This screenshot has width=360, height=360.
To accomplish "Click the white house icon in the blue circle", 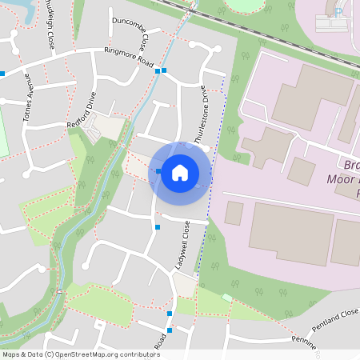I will (180, 172).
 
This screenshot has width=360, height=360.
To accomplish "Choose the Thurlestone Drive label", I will (204, 112).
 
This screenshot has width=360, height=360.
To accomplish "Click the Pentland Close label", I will (336, 319).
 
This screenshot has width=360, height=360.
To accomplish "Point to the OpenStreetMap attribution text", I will (80, 354).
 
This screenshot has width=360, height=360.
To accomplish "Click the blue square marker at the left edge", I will (2, 74).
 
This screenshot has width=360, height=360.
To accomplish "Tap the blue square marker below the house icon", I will (157, 227).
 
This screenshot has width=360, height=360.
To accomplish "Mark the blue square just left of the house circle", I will (159, 171).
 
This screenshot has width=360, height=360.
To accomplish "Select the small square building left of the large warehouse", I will (234, 213).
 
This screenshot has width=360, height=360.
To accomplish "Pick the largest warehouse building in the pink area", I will (290, 232).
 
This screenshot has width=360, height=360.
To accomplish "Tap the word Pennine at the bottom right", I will (303, 342).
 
